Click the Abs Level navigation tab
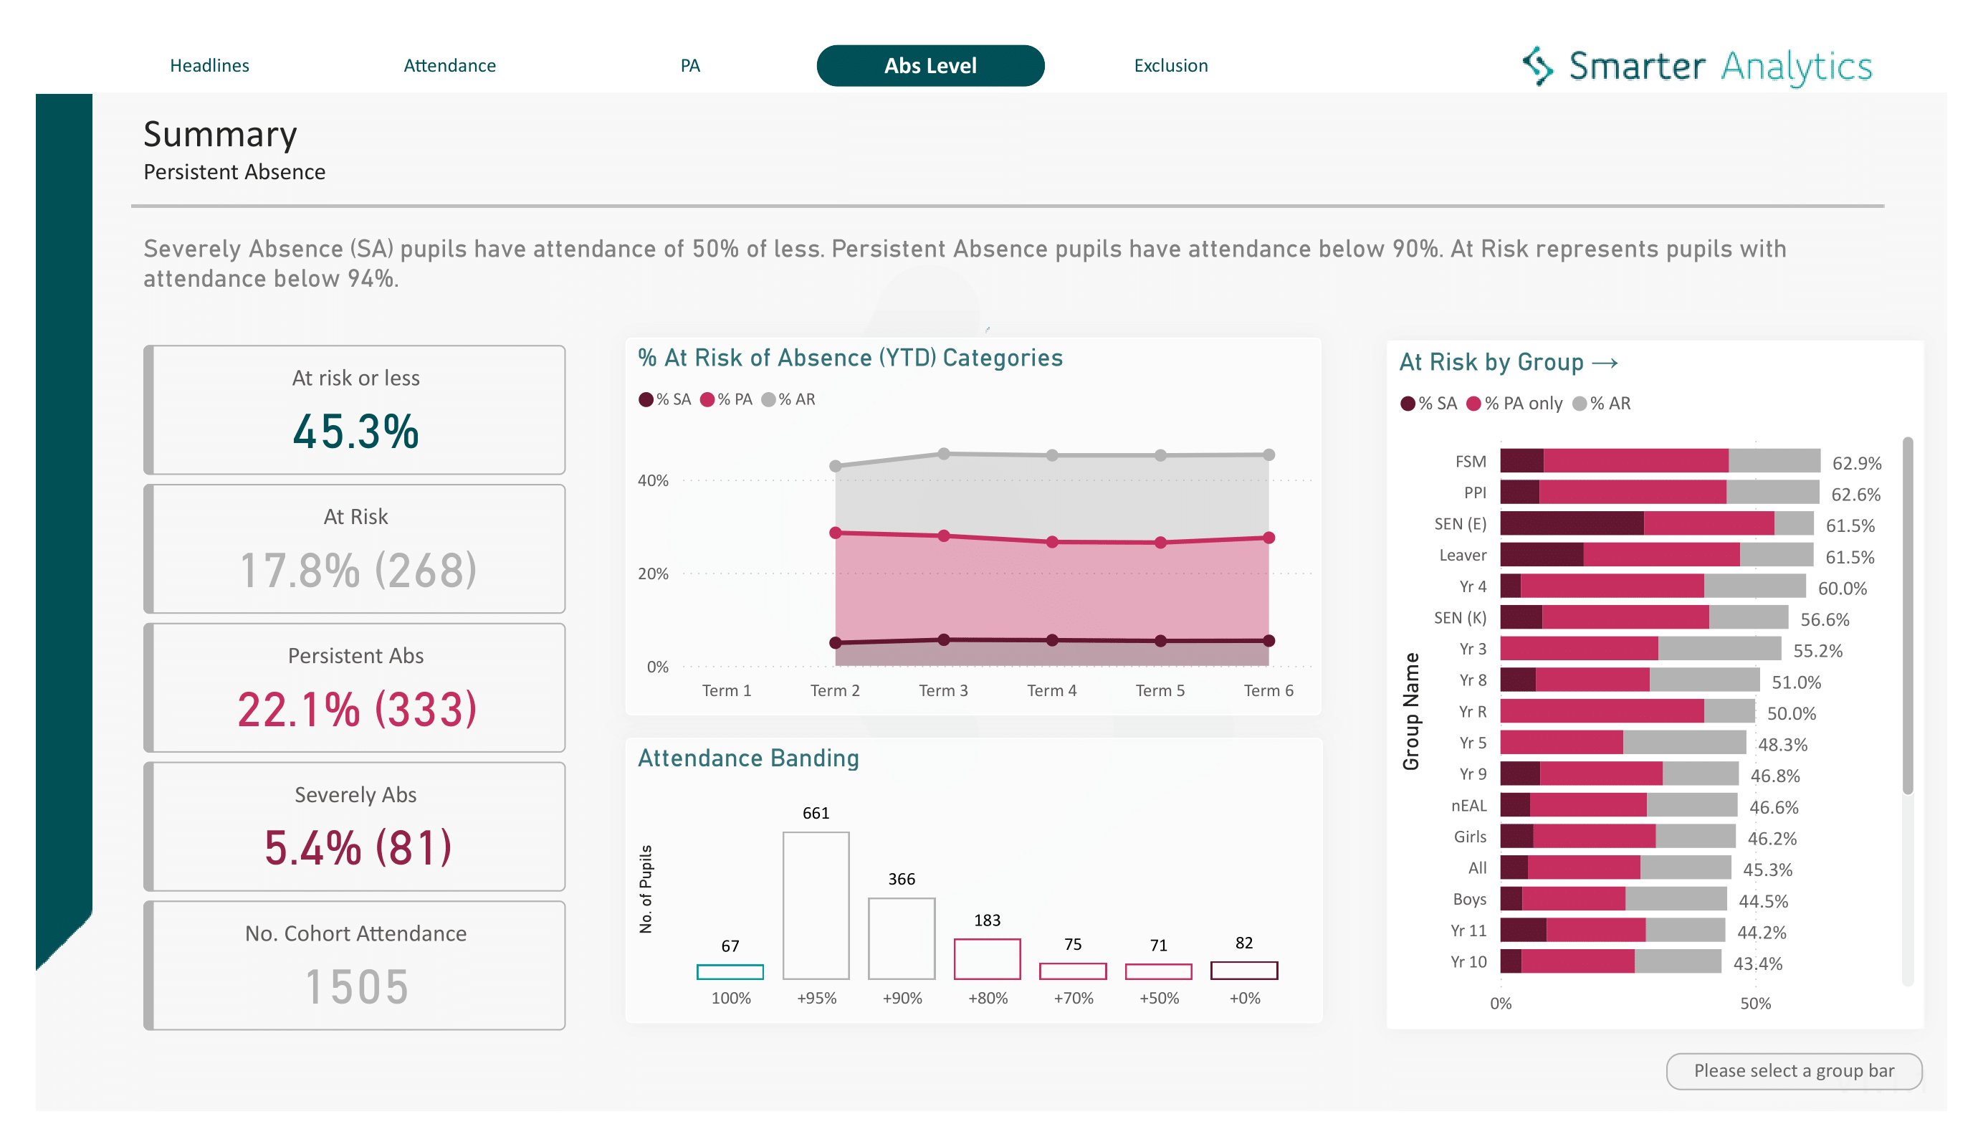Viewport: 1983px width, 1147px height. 930,65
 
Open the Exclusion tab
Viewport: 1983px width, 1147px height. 1170,65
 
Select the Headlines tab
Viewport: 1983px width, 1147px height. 209,65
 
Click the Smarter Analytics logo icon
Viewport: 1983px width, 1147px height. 1537,65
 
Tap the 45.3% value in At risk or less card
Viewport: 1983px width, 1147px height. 355,432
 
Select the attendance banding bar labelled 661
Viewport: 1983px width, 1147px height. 816,905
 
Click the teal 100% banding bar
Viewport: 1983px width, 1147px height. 730,971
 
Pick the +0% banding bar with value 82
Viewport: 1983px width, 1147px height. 1243,970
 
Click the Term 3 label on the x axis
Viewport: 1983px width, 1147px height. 942,690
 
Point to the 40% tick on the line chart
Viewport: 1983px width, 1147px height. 652,480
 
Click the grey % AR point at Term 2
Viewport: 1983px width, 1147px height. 836,466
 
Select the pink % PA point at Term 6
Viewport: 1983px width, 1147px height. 1268,538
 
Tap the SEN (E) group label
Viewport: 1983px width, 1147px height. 1460,523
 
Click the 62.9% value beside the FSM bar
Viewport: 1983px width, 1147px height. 1856,463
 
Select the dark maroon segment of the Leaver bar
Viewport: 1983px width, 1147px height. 1541,554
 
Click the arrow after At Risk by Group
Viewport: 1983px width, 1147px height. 1605,363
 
